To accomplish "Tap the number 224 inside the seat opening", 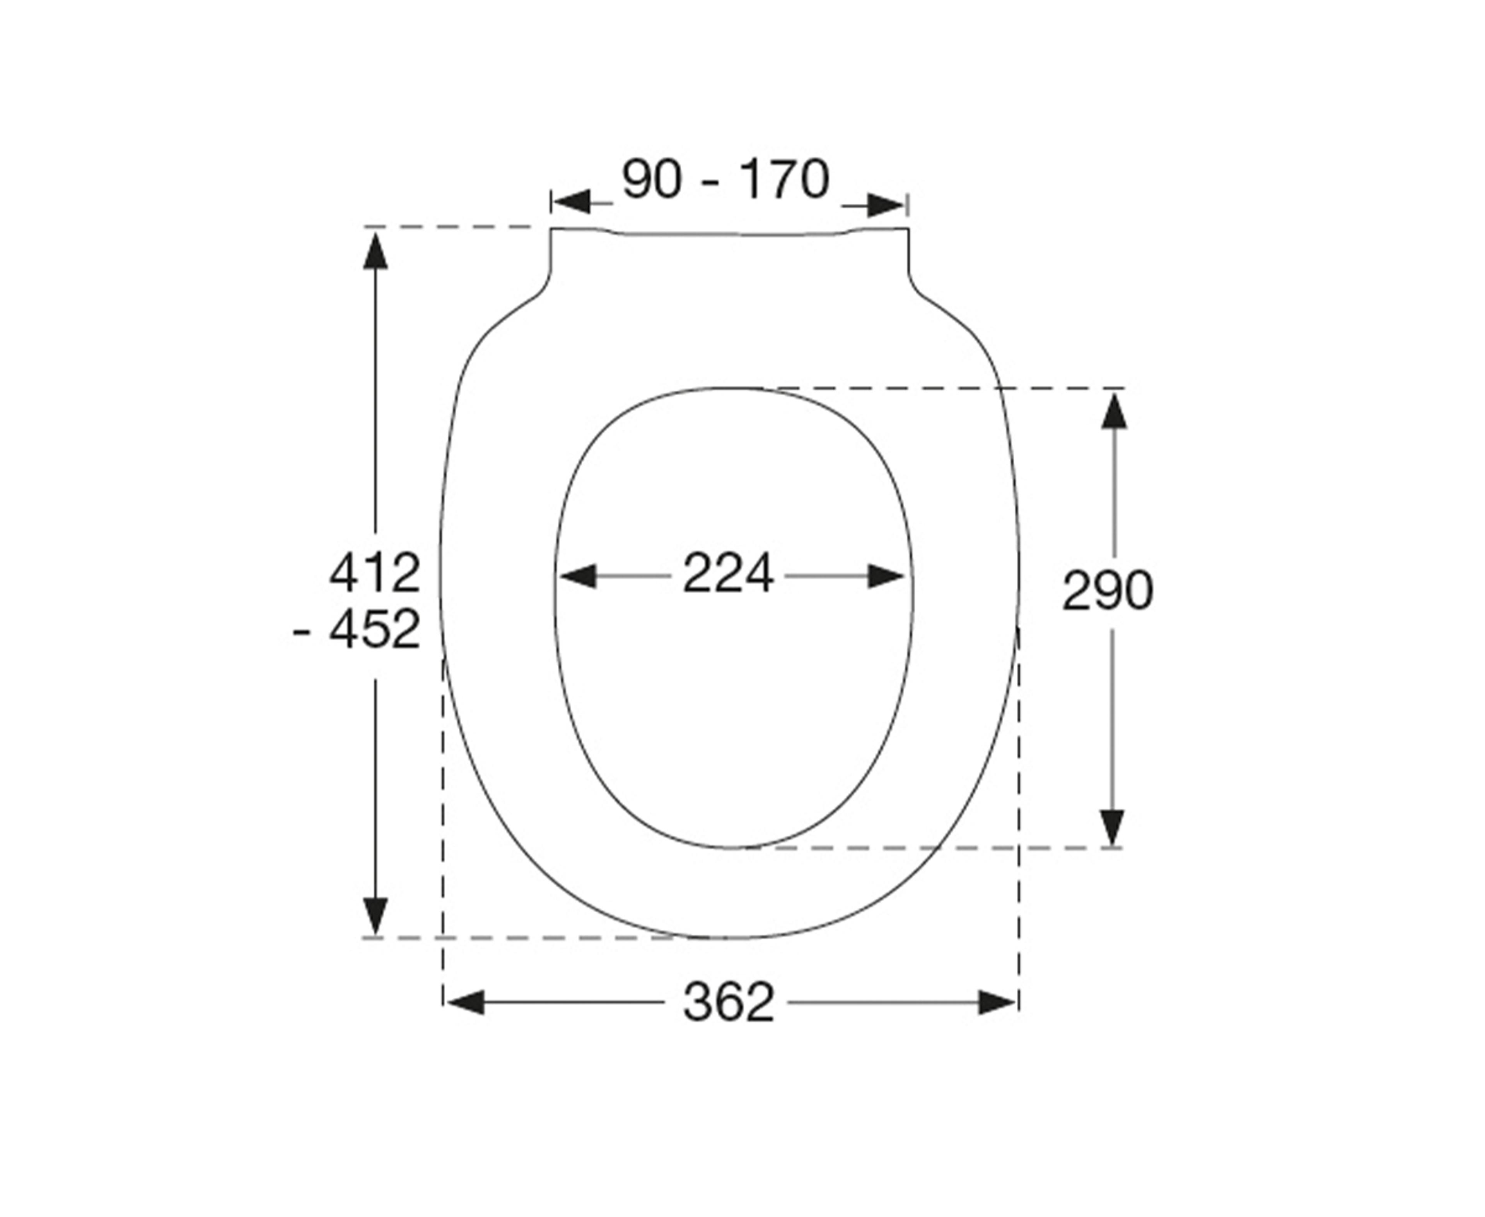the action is coord(728,573).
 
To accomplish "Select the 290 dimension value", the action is coord(1108,590).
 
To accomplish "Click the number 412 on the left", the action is coord(375,573).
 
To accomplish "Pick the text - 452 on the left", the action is coord(356,629).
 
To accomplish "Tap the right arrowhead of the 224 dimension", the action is coord(886,576).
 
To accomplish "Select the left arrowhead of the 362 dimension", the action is coord(465,1003).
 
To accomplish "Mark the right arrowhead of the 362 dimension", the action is coord(997,1003).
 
